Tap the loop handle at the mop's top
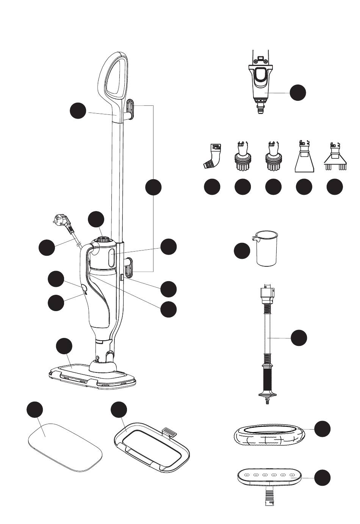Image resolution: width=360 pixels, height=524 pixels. click(x=114, y=76)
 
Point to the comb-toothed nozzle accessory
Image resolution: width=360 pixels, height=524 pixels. click(x=335, y=159)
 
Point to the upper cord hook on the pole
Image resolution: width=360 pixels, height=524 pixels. click(x=130, y=110)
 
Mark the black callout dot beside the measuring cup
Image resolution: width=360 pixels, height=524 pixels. click(x=242, y=251)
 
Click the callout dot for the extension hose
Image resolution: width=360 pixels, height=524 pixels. click(x=299, y=338)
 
